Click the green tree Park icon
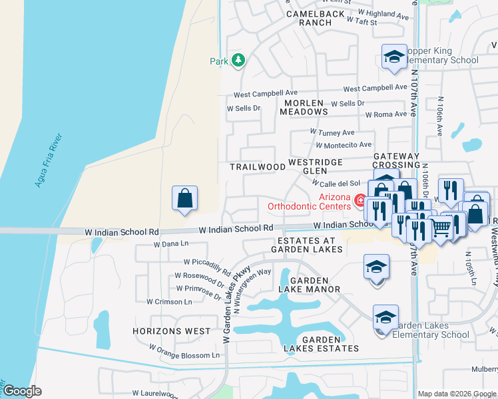pos(238,61)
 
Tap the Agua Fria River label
pos(51,160)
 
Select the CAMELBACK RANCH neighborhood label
pos(316,18)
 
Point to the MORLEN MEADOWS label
pos(313,108)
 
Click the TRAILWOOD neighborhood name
pos(253,166)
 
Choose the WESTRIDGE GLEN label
pos(315,166)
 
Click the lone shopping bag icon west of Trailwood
pos(184,198)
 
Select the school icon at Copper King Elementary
pos(394,56)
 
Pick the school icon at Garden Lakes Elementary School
pos(385,318)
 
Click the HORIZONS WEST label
pos(171,331)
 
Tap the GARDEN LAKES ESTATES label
pos(321,344)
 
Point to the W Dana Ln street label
pos(172,245)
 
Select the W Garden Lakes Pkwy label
pos(237,304)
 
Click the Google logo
pos(21,391)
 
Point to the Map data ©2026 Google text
pos(457,393)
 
